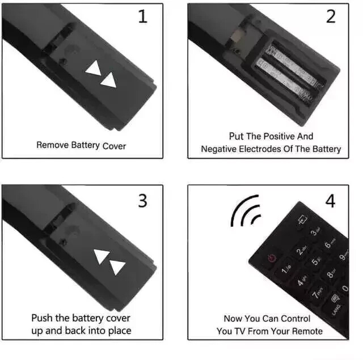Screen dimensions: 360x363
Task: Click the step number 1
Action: (142, 17)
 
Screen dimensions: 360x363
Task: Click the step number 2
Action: (331, 17)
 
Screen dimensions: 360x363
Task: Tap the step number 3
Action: (142, 201)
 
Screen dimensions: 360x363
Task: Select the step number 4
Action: (331, 201)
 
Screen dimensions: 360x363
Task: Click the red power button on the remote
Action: (271, 258)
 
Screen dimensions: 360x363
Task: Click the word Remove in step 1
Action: (52, 145)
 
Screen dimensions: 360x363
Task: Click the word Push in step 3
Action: (42, 318)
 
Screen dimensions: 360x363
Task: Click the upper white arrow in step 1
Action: (92, 69)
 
